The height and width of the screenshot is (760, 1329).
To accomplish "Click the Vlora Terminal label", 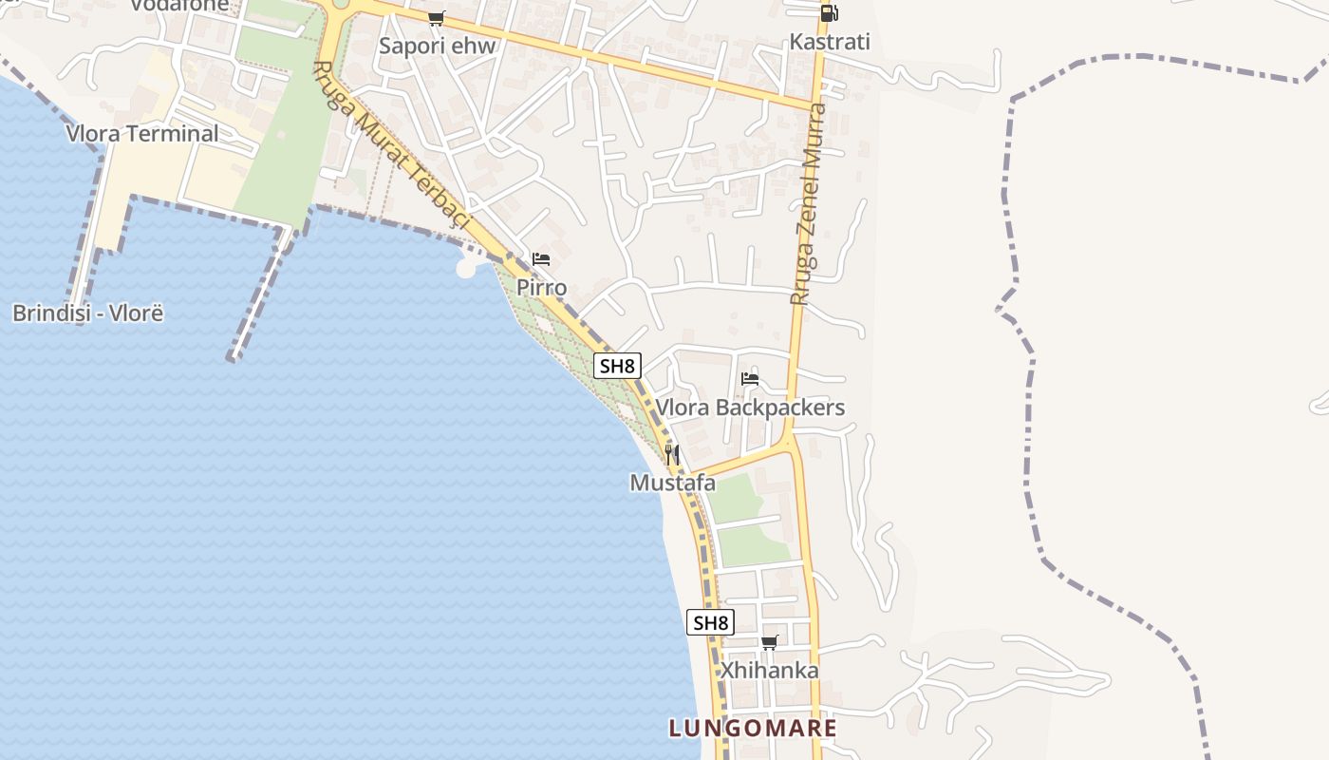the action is pos(142,133).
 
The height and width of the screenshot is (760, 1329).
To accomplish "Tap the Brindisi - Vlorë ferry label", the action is pos(87,313).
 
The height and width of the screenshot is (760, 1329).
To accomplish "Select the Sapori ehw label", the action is pos(438,46).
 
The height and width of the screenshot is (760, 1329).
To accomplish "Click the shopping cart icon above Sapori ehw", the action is pos(437,18).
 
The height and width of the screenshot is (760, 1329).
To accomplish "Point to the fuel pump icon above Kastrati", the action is pos(829,12).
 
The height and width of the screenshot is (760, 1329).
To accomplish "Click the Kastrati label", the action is pos(830,42).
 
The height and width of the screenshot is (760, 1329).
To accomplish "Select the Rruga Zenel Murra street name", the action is pos(808,204).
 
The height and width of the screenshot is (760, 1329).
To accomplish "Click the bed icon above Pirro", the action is pos(541,258).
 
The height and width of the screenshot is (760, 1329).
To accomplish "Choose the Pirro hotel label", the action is pos(541,287).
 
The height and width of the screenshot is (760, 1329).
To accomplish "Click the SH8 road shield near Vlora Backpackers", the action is pos(617,366).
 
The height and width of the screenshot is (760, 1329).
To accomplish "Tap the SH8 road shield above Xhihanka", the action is pos(710,623).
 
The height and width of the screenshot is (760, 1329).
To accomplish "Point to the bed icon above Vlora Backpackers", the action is pos(750,379).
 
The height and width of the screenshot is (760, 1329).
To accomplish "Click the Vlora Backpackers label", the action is pos(750,408).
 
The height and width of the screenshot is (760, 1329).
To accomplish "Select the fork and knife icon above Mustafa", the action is pos(672,455).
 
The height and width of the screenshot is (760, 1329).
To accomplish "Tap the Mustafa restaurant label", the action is pos(672,483).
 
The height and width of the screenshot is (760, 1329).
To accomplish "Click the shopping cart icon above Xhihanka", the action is pos(769,643).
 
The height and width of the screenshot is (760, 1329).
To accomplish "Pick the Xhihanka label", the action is pos(769,670).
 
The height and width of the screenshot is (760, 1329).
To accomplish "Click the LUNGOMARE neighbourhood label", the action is pos(753,729).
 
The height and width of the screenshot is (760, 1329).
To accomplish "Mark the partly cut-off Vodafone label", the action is pos(179,6).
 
